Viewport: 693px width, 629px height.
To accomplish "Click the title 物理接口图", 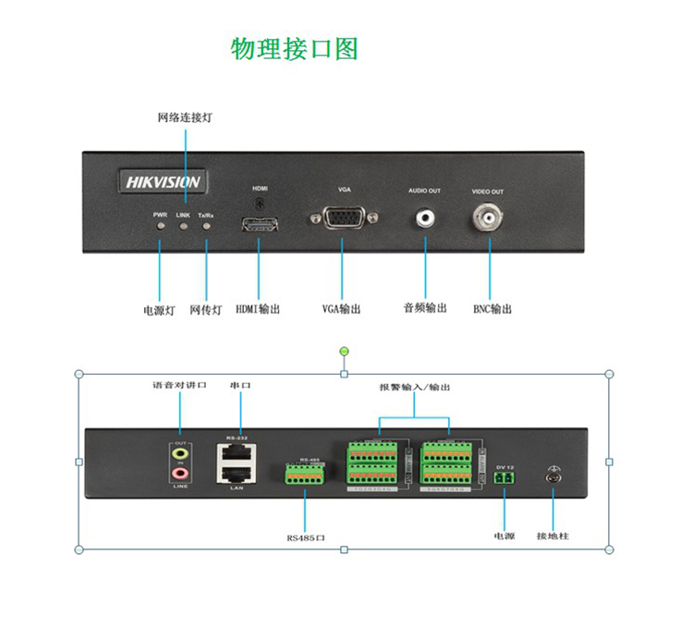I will [294, 48].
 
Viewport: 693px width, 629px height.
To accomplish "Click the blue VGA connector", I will [344, 218].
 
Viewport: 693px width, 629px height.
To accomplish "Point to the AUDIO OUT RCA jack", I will [425, 218].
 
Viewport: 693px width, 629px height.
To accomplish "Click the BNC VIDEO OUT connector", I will [488, 218].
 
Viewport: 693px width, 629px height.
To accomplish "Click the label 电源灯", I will [159, 310].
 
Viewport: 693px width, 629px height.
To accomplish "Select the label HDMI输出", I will [258, 309].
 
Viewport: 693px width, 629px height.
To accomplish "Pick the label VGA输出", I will [341, 309].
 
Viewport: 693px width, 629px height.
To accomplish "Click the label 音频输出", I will [425, 308].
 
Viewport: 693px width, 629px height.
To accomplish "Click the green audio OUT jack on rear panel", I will [181, 453].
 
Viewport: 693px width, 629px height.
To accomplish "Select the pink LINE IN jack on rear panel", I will [181, 473].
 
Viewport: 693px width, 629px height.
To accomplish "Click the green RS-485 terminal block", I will [306, 474].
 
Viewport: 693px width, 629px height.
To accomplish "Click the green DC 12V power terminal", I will [505, 475].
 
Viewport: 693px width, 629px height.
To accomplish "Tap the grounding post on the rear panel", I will [553, 477].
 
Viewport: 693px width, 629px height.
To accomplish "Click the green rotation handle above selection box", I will [345, 351].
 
